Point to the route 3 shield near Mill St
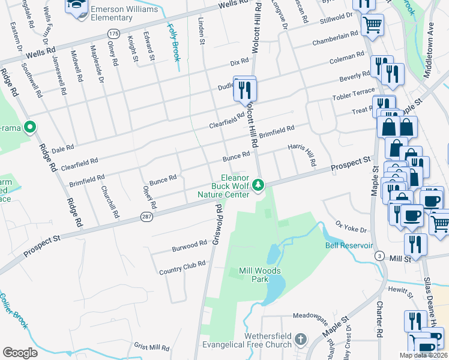click(379, 256)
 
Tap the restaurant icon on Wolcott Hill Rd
click(245, 89)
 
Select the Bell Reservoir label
click(349, 245)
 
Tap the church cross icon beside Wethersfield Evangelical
click(300, 340)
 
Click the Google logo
click(20, 352)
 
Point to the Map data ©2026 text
click(423, 355)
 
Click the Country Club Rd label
click(182, 268)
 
